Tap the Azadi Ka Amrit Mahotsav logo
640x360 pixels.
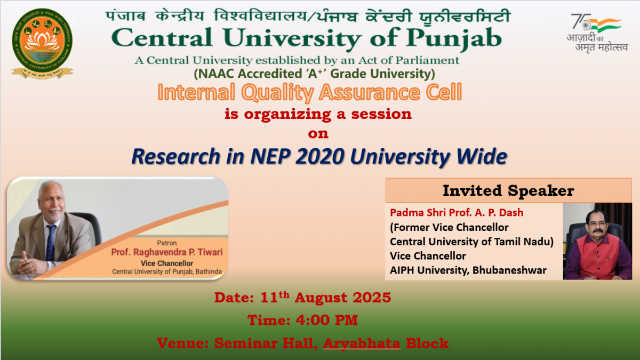[x=597, y=33]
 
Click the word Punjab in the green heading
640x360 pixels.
[x=454, y=38]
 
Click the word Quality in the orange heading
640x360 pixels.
[x=278, y=93]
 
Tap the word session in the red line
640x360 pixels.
[x=381, y=114]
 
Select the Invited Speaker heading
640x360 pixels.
[x=508, y=190]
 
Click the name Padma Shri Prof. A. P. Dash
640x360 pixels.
[x=457, y=213]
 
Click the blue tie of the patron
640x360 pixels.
[x=51, y=243]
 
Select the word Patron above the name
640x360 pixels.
[x=167, y=243]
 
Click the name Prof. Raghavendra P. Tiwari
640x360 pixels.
[x=167, y=252]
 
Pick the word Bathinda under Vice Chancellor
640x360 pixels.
[x=209, y=271]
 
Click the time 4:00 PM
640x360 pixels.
[x=327, y=320]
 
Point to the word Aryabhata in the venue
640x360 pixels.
[x=362, y=343]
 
